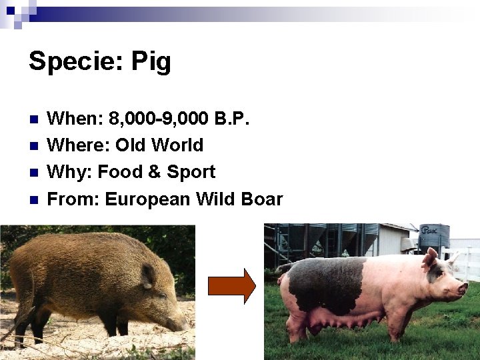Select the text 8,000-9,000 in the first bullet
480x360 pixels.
(159, 119)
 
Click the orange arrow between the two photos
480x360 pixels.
(231, 286)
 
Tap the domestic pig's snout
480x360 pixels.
(463, 288)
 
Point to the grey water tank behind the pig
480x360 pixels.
(434, 237)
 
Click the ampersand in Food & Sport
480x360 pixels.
(154, 172)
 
